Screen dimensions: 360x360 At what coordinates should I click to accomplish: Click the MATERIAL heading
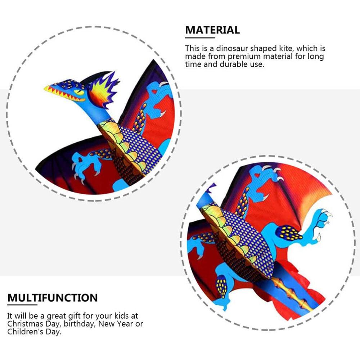pos(212,30)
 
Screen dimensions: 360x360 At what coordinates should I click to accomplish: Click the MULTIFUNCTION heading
pos(53,298)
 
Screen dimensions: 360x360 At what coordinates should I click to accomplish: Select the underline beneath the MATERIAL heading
pos(200,37)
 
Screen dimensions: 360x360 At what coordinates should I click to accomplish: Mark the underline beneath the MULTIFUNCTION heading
pos(22,305)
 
